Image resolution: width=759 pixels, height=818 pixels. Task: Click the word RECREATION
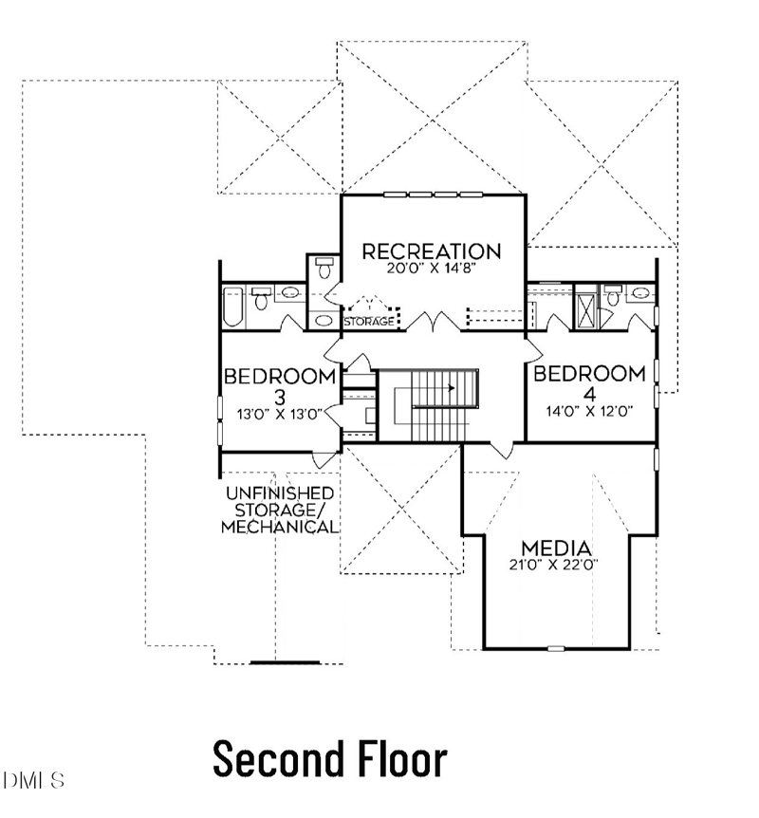click(x=432, y=251)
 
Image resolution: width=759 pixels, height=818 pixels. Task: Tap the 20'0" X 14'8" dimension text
click(x=432, y=268)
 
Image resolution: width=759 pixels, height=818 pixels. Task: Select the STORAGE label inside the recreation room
click(x=369, y=322)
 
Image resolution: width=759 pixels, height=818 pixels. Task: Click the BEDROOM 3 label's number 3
click(x=279, y=395)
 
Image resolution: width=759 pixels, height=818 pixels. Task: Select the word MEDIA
click(x=557, y=548)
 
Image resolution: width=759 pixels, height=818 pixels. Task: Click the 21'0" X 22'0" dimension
click(x=557, y=565)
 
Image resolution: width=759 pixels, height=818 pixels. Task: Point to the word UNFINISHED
click(x=279, y=493)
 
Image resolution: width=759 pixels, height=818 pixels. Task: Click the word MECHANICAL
click(x=279, y=527)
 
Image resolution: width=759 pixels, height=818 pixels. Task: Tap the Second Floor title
click(x=329, y=759)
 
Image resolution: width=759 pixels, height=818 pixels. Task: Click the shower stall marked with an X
click(x=588, y=308)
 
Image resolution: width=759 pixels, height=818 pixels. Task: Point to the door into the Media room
click(x=503, y=448)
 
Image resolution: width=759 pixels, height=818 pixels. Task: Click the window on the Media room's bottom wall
click(x=556, y=649)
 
